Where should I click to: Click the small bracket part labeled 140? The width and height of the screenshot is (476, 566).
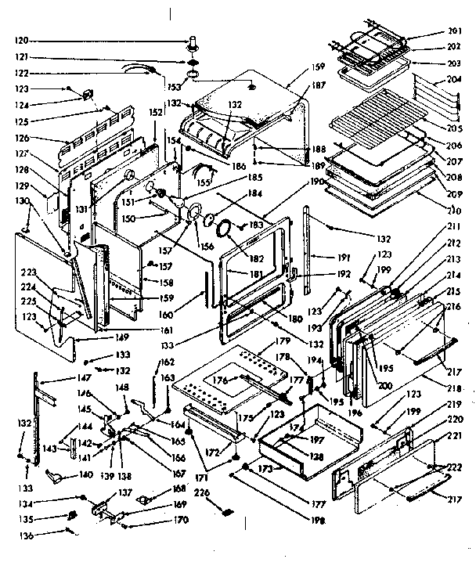56,477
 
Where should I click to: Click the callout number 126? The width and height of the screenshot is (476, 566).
21,138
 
